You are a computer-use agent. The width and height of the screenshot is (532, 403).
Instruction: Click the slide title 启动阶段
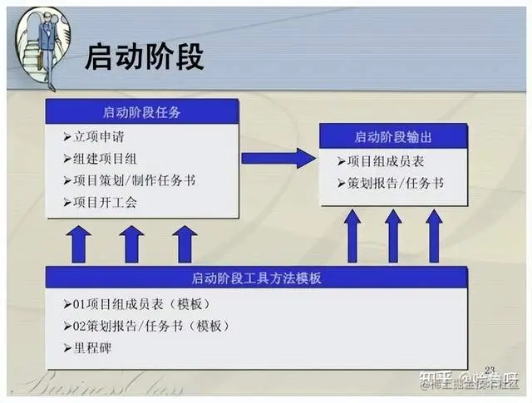(x=145, y=58)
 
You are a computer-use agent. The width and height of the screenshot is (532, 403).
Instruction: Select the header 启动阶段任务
(x=142, y=111)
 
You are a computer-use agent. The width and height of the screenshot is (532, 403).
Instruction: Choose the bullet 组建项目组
(x=104, y=158)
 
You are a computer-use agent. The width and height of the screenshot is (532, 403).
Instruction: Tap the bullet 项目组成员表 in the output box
(x=383, y=161)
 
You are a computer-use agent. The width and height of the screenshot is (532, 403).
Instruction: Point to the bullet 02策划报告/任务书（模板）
(x=145, y=325)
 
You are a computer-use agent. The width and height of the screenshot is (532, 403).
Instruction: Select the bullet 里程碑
(x=91, y=347)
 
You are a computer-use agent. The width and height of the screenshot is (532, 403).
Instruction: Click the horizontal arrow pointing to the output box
(x=278, y=158)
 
